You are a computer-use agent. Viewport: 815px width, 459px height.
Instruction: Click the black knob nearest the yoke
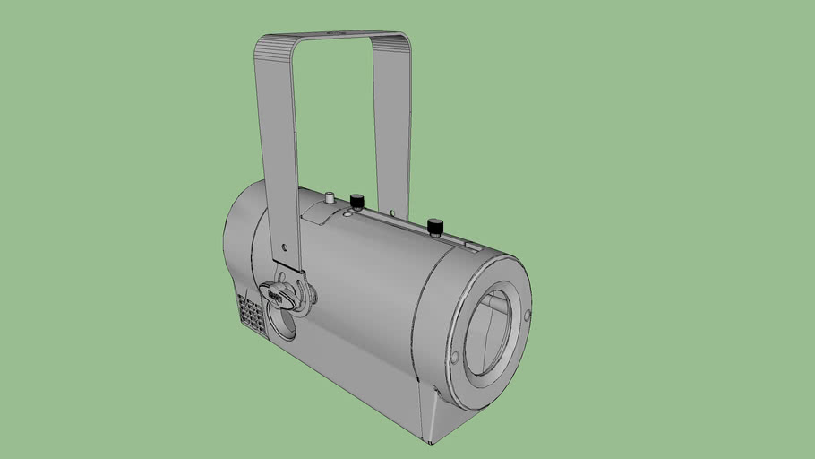(356, 200)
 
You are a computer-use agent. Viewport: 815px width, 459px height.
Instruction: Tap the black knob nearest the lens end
(435, 225)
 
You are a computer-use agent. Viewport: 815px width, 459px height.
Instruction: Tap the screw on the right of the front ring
(526, 315)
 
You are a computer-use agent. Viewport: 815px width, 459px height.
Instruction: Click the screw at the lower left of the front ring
(454, 358)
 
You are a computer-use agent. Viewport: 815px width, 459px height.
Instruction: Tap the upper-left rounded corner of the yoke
(265, 45)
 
